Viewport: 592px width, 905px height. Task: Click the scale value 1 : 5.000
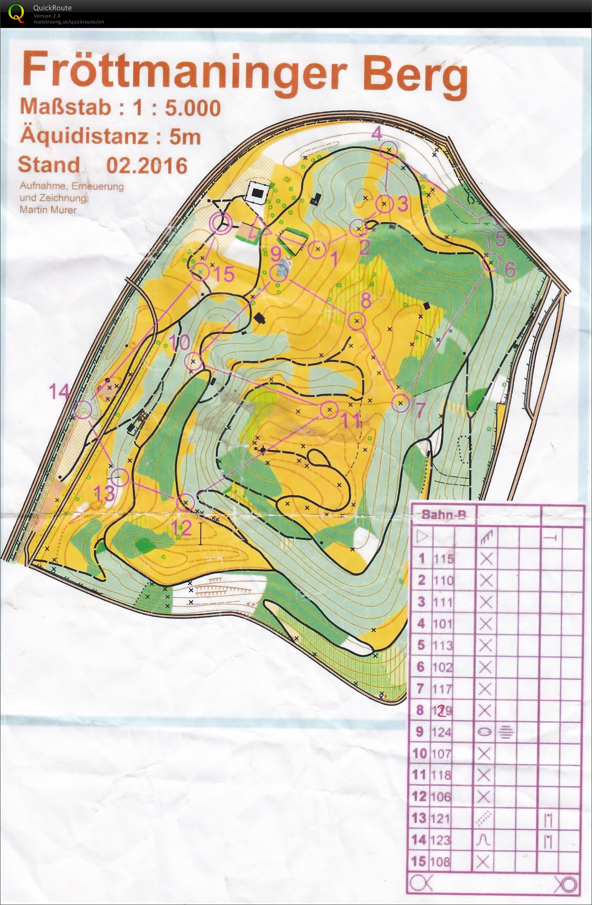coord(176,108)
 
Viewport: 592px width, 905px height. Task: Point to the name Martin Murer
coord(48,210)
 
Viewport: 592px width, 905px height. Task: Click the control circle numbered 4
coord(388,150)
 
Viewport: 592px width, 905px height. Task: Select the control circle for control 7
coord(400,403)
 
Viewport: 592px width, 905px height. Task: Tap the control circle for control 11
coord(329,410)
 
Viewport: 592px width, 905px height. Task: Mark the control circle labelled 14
coord(83,410)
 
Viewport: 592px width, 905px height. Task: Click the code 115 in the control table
coord(443,559)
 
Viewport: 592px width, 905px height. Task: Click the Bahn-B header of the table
coord(443,515)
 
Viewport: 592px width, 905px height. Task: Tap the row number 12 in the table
coord(419,797)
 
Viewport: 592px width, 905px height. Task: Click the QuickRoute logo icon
coord(16,12)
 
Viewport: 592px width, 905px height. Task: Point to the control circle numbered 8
coord(357,321)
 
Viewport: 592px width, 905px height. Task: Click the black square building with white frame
coord(257,193)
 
